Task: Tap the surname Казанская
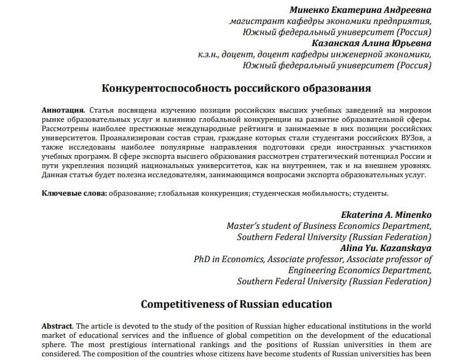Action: click(x=336, y=43)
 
